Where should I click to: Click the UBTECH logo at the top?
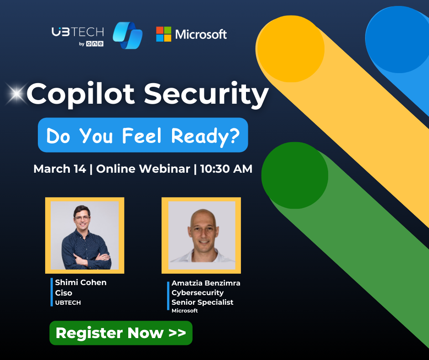[x=78, y=36]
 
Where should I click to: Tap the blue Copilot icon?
[x=128, y=35]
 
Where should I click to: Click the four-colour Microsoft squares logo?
[x=163, y=34]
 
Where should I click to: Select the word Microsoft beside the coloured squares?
[x=201, y=35]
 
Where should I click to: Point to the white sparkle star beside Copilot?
[x=16, y=94]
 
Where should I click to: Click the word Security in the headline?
[x=206, y=94]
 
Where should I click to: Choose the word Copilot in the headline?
[x=80, y=95]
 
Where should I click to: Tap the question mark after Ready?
[x=234, y=135]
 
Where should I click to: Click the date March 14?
[x=60, y=169]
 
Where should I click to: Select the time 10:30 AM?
[x=226, y=169]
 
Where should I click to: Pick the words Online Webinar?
[x=143, y=169]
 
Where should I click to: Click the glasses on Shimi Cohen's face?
[x=82, y=218]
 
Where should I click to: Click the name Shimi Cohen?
[x=81, y=282]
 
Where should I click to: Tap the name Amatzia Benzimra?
[x=206, y=283]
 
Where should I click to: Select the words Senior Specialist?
[x=203, y=302]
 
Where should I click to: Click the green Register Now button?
[x=121, y=333]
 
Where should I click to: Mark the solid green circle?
[x=295, y=175]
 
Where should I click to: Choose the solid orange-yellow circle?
[x=290, y=49]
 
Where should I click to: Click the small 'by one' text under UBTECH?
[x=91, y=44]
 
